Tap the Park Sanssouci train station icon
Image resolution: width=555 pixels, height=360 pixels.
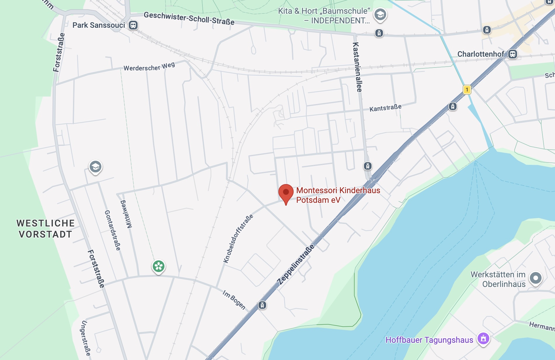click(133, 25)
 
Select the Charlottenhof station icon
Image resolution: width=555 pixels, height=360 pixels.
click(513, 54)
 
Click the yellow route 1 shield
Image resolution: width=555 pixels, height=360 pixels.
click(467, 89)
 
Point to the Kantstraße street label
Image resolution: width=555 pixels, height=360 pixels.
click(385, 108)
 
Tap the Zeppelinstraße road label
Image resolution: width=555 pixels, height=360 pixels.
click(296, 264)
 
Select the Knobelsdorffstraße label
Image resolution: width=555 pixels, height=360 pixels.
click(238, 239)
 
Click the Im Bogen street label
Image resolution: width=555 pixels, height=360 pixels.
click(234, 300)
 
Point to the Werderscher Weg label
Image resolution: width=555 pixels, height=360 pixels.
click(149, 67)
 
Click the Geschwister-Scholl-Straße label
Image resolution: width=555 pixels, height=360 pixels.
click(189, 18)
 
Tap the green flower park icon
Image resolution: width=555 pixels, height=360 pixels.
click(159, 266)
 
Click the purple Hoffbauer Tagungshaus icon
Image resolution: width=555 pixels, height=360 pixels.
click(483, 338)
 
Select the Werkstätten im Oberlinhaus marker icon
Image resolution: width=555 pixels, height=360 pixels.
click(535, 278)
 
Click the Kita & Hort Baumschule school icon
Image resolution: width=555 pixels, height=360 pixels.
click(380, 14)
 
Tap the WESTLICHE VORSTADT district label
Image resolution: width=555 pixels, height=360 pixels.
click(45, 229)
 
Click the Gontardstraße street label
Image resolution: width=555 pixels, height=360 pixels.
click(112, 230)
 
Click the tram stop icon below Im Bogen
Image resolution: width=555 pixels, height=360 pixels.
click(262, 305)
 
